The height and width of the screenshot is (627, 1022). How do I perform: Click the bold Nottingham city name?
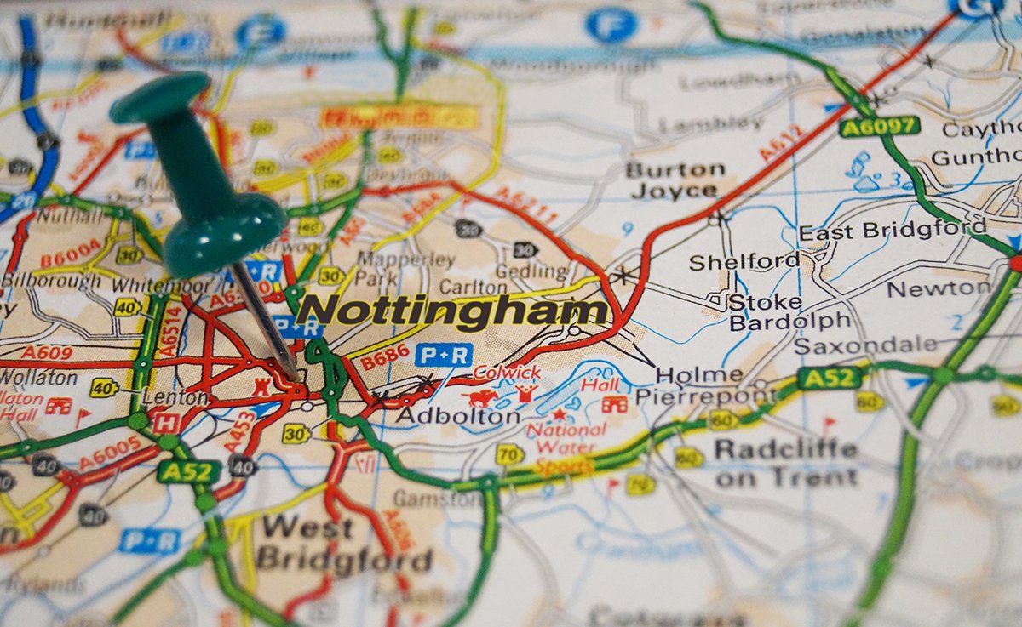pos(452,311)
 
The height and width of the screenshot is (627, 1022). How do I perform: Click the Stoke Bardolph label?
pos(789,312)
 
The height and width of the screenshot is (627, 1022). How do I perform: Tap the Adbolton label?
pos(458,416)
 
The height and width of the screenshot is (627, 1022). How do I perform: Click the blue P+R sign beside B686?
pos(443,355)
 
